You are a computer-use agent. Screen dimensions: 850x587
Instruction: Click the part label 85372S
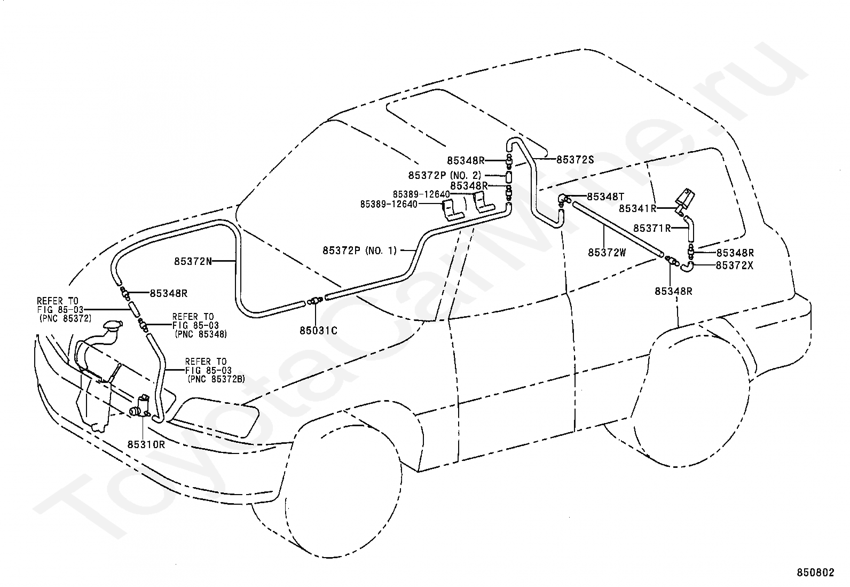click(x=575, y=160)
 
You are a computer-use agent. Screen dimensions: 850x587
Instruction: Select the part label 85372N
click(x=193, y=261)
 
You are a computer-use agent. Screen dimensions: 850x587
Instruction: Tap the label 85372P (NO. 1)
click(x=360, y=251)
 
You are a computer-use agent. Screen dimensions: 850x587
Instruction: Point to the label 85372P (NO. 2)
click(x=445, y=175)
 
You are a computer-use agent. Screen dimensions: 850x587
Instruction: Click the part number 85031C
click(x=318, y=331)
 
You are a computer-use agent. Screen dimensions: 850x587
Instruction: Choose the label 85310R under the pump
click(x=146, y=444)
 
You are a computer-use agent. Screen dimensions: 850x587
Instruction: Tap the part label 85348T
click(x=605, y=197)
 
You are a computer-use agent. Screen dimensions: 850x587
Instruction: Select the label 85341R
click(x=637, y=208)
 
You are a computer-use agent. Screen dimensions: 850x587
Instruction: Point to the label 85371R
click(x=652, y=228)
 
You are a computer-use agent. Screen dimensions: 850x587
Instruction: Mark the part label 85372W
click(x=607, y=253)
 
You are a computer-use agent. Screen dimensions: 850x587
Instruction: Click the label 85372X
click(x=735, y=266)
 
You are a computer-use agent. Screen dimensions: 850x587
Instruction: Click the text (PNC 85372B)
click(x=216, y=379)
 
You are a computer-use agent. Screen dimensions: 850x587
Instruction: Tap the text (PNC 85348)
click(x=201, y=334)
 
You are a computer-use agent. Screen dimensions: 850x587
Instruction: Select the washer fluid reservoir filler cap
click(x=112, y=325)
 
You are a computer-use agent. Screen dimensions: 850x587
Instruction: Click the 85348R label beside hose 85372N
click(x=169, y=293)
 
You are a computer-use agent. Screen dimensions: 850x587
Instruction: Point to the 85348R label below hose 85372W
click(x=674, y=291)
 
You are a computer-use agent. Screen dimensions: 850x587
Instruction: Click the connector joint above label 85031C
click(x=315, y=301)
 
